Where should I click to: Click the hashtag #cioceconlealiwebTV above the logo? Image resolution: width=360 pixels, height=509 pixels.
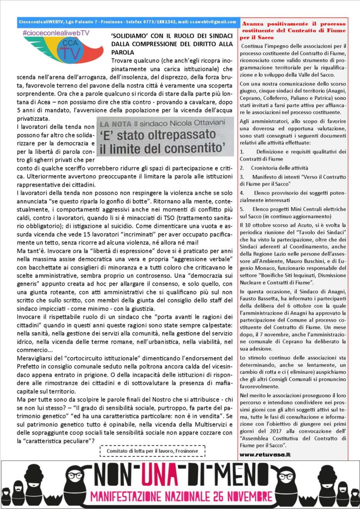[56, 32]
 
